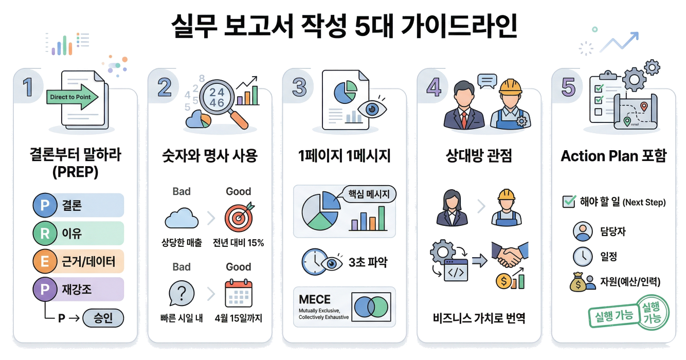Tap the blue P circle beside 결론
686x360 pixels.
tap(45, 206)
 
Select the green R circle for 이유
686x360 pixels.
tap(45, 234)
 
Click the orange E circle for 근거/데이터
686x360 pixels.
tap(45, 262)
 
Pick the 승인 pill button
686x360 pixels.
tap(103, 318)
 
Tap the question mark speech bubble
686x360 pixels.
tap(181, 295)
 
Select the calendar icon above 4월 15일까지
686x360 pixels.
tap(239, 294)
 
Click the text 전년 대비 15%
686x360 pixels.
tap(238, 243)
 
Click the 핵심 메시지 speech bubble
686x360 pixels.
tap(369, 195)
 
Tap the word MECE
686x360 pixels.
tap(315, 299)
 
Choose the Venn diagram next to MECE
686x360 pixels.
tap(371, 307)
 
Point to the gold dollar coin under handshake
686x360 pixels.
tap(503, 281)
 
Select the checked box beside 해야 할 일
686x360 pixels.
tap(569, 202)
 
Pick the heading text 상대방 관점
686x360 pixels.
tap(479, 156)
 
